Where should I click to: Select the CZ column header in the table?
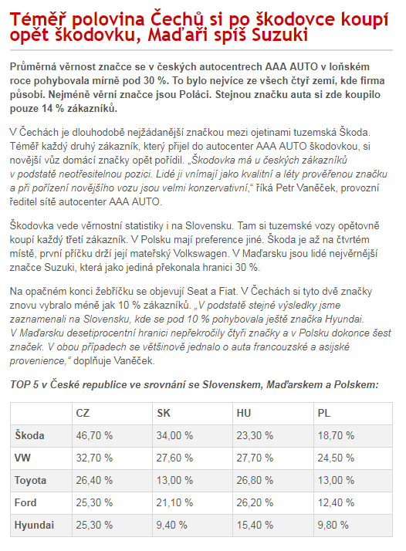[83, 412]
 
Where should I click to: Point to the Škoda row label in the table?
[30, 435]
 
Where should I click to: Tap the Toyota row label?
[32, 481]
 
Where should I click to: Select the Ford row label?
[26, 503]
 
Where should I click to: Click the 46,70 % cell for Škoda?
[94, 435]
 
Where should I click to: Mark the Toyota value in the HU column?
[255, 481]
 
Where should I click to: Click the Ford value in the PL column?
[336, 503]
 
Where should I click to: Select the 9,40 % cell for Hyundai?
[172, 526]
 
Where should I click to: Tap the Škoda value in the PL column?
[336, 435]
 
